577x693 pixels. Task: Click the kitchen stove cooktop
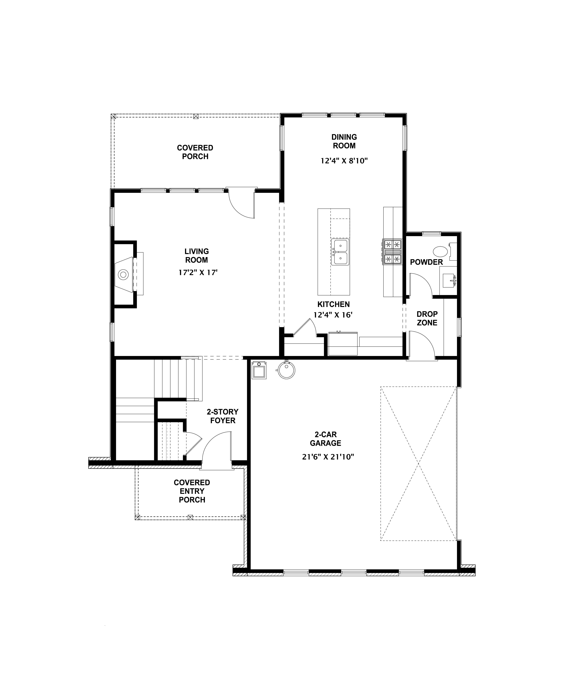pos(392,252)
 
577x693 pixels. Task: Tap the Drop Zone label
pos(427,318)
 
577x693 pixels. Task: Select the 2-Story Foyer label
pos(223,416)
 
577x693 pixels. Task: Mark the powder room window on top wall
pos(431,234)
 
